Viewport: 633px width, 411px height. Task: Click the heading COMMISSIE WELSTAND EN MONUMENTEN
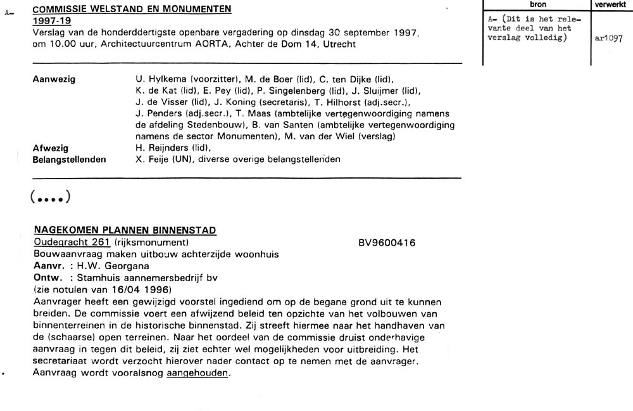pos(132,9)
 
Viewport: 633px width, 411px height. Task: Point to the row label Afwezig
pos(51,148)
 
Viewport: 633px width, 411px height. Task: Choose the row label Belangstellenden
pos(69,159)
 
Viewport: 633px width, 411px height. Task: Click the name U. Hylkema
pos(158,80)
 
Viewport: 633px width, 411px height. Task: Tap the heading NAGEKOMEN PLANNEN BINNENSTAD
pos(125,231)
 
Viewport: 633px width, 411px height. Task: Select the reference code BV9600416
pos(387,243)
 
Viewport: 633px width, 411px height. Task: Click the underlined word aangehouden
pos(197,373)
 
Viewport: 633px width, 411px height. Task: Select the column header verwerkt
pos(611,4)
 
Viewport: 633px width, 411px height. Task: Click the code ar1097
pos(609,38)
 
